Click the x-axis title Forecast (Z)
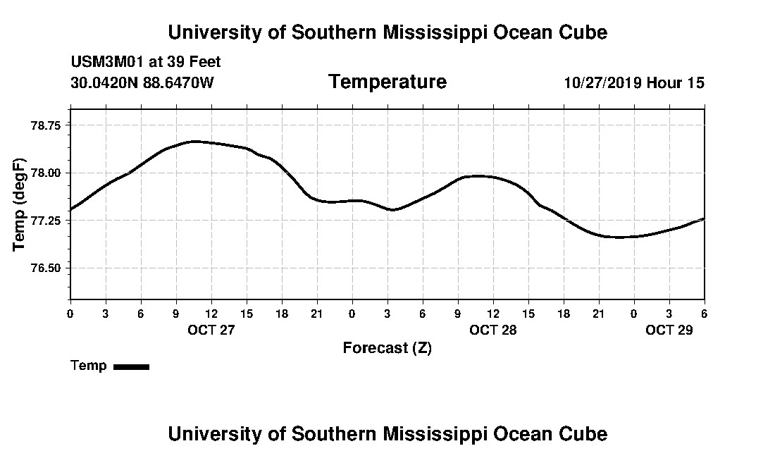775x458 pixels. pos(387,347)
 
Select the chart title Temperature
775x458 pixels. pos(387,82)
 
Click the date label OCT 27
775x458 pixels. pos(211,330)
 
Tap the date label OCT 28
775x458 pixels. pos(493,330)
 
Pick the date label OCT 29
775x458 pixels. pos(669,330)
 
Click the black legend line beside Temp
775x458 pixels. pos(132,366)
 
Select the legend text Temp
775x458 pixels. pos(89,366)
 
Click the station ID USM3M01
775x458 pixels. pos(107,62)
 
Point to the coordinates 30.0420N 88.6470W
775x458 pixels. pos(142,83)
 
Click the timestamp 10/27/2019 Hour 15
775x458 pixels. pos(634,83)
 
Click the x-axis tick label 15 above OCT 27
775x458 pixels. pos(247,314)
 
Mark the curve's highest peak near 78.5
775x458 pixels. pos(194,142)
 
